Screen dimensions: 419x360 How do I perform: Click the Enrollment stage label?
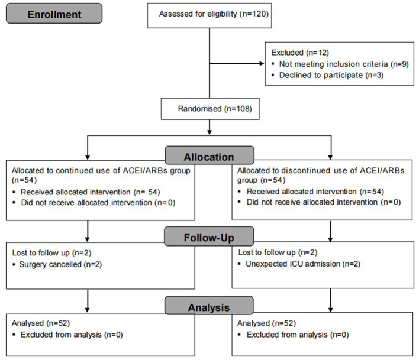coord(54,14)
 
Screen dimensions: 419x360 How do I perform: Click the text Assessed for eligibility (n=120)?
coord(214,14)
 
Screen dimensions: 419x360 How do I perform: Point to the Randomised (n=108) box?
coord(210,109)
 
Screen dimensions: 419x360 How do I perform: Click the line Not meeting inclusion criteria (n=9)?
coord(344,64)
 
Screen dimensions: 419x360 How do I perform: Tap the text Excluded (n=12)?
coord(300,53)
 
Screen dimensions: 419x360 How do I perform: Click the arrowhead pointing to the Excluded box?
coord(262,63)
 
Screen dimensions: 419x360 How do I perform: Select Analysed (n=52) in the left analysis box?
coord(41,323)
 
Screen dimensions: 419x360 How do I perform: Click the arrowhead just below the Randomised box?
coord(209,132)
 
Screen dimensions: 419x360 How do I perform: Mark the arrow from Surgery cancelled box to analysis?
coord(88,301)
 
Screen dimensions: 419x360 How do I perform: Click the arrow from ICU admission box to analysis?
coord(331,300)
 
